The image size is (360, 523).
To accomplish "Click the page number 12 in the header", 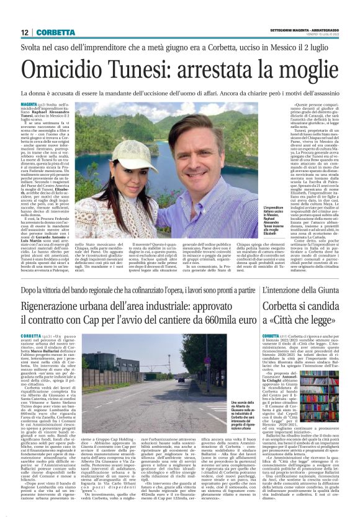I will coord(24,32).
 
